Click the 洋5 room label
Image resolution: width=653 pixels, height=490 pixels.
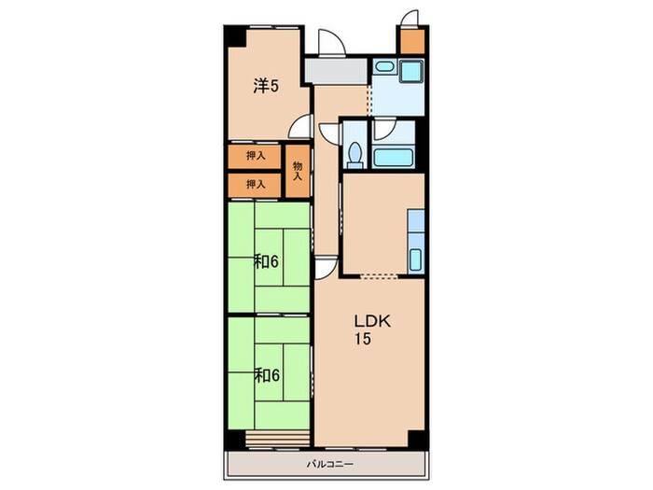pos(266,86)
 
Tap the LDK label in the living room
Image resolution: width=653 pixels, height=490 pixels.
pos(372,321)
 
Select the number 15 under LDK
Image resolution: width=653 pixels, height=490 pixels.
pos(362,339)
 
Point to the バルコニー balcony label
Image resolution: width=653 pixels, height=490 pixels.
pos(330,464)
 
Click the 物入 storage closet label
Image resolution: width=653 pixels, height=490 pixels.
pos(298,171)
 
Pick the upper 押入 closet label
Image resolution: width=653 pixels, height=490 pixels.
pos(256,156)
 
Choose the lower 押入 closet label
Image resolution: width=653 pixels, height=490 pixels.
pos(256,184)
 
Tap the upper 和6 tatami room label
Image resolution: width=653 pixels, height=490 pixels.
pos(266,262)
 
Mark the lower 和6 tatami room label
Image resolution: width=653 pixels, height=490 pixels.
pos(266,376)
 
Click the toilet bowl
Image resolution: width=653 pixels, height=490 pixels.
pos(355,154)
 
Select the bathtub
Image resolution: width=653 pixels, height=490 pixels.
pos(393,158)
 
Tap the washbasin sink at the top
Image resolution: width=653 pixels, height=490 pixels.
pos(384,66)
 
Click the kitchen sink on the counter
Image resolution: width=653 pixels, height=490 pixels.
pos(415,259)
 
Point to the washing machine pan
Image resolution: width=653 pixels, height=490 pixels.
pos(411,70)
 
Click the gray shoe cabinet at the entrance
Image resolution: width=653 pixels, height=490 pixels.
pos(336,71)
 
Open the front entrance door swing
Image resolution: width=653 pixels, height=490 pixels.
pos(332,42)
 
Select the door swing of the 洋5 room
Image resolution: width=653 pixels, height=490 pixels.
pos(299,126)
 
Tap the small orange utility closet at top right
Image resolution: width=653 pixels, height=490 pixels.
pos(412,41)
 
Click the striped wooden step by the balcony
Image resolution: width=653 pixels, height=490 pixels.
pos(278,439)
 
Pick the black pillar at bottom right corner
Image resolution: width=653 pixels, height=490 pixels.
pos(417,439)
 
